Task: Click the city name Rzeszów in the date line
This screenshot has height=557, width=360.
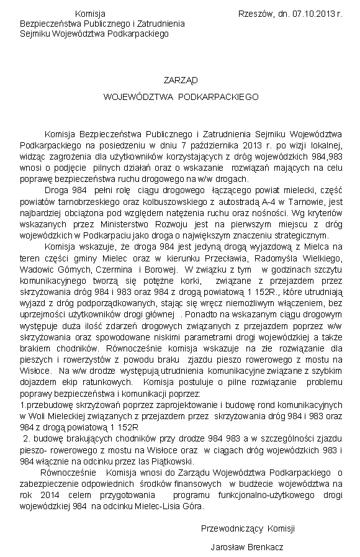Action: pos(254,13)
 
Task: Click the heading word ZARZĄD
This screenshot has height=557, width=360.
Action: pos(180,80)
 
